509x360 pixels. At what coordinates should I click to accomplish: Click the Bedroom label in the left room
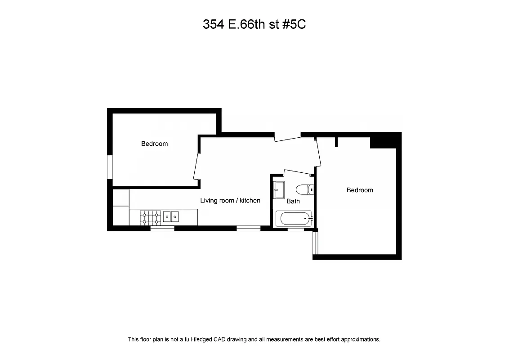[x=154, y=144]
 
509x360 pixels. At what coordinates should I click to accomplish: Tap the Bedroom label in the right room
[x=360, y=190]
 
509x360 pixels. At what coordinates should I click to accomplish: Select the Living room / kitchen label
[x=230, y=200]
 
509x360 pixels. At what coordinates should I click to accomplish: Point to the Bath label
[x=293, y=201]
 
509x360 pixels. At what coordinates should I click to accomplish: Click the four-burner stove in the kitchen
[x=151, y=217]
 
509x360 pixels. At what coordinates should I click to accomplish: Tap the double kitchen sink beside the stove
[x=171, y=217]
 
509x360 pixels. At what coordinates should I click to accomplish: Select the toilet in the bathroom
[x=304, y=189]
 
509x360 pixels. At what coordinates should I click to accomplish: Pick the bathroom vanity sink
[x=279, y=189]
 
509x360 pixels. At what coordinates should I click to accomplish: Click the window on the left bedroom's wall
[x=109, y=167]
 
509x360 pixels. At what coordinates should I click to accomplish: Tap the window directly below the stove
[x=162, y=228]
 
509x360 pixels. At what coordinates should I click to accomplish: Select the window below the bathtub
[x=295, y=229]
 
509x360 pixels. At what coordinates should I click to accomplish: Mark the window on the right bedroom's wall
[x=316, y=243]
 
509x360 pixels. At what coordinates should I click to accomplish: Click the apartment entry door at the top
[x=287, y=136]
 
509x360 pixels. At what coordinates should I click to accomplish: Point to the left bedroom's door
[x=196, y=166]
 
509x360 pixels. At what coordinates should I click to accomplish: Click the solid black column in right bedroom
[x=383, y=140]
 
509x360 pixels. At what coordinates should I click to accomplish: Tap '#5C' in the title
[x=295, y=25]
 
